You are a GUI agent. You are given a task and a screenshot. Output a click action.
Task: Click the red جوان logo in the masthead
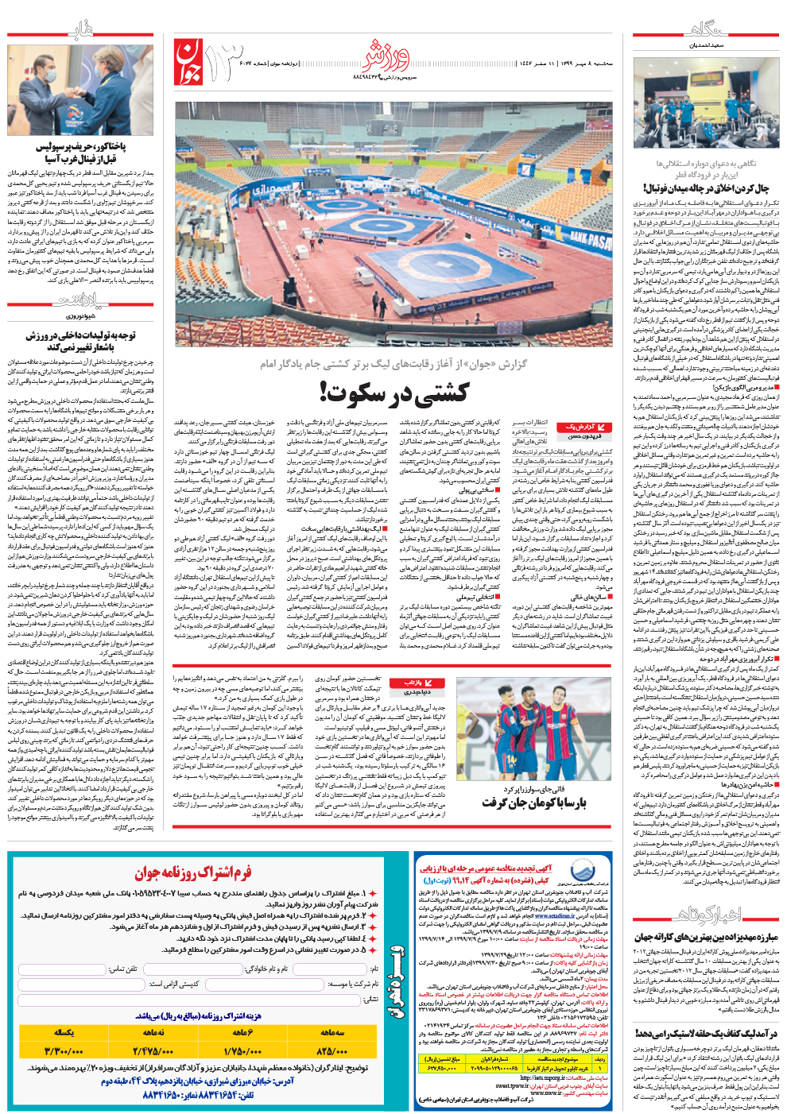click(x=188, y=63)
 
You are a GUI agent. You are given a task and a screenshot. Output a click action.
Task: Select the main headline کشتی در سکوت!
click(x=393, y=392)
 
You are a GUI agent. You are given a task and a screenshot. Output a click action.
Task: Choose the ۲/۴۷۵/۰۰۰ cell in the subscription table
click(x=153, y=1050)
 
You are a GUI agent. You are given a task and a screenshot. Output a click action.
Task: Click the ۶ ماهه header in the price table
click(x=242, y=1032)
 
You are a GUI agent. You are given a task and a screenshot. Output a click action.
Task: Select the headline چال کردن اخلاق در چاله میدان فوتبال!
click(x=706, y=188)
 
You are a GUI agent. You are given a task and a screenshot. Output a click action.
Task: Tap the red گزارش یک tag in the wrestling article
click(x=578, y=427)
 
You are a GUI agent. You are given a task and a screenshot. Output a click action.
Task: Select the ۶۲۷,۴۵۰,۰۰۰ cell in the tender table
click(x=441, y=1068)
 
